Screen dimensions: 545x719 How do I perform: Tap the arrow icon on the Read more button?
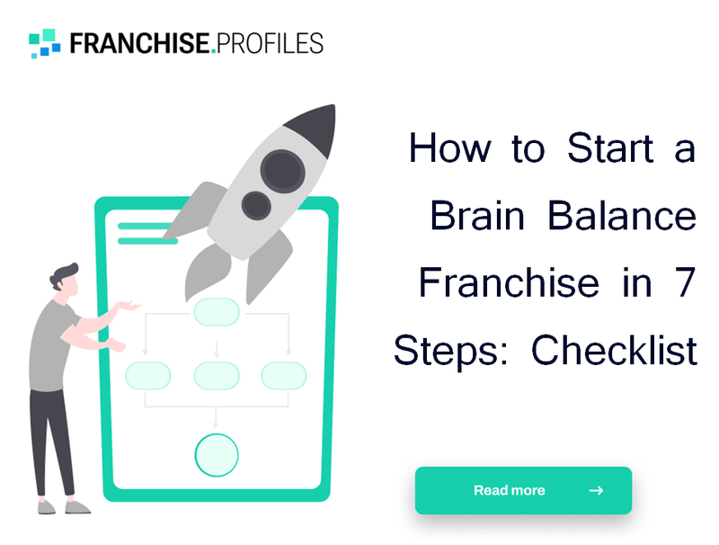[x=596, y=490]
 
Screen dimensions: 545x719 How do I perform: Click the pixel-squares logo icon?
[x=45, y=42]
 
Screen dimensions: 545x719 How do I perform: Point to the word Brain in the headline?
[x=475, y=216]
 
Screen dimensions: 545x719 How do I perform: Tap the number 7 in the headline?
[x=686, y=283]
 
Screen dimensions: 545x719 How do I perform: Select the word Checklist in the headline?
[x=615, y=351]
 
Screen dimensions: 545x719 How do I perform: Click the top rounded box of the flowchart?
[x=217, y=312]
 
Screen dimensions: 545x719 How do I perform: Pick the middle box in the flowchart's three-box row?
[x=217, y=375]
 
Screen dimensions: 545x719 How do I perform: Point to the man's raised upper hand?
[x=131, y=307]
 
